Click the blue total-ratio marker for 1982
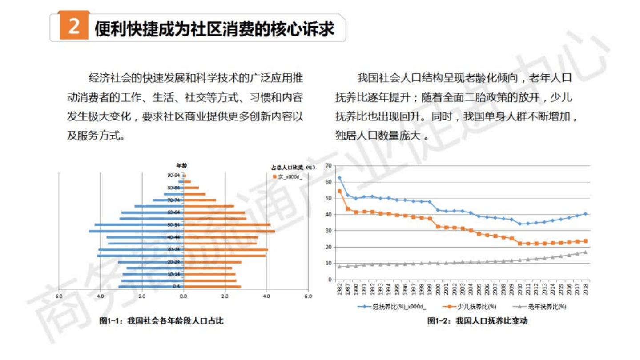click(x=339, y=177)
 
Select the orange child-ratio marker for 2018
click(x=586, y=241)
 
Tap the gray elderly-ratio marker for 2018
click(x=586, y=252)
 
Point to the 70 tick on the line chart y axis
click(x=329, y=165)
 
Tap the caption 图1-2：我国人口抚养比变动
click(x=477, y=321)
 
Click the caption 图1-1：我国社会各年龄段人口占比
click(x=161, y=321)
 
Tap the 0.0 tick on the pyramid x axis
click(x=183, y=296)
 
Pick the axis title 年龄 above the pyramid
click(x=181, y=165)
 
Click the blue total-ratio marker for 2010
click(x=520, y=224)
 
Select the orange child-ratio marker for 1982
click(x=339, y=191)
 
